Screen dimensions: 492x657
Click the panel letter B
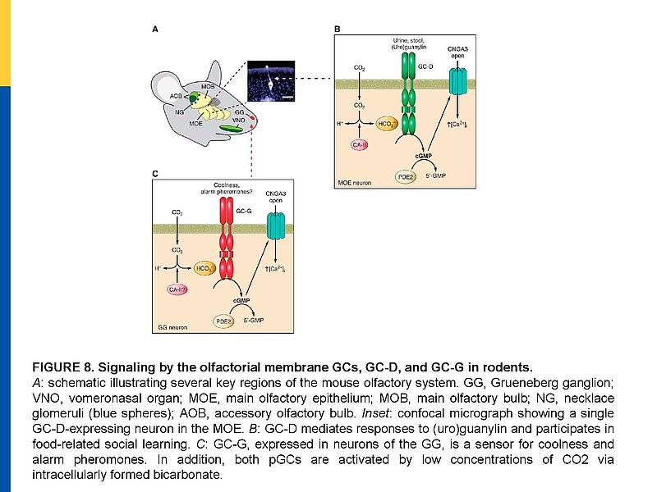coord(337,29)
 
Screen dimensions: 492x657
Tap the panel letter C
coord(156,175)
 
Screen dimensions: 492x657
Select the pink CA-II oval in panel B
coord(359,145)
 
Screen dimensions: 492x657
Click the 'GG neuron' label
coord(173,327)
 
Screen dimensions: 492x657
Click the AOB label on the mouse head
coord(177,96)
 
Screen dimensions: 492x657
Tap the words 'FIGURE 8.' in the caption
coord(61,367)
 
